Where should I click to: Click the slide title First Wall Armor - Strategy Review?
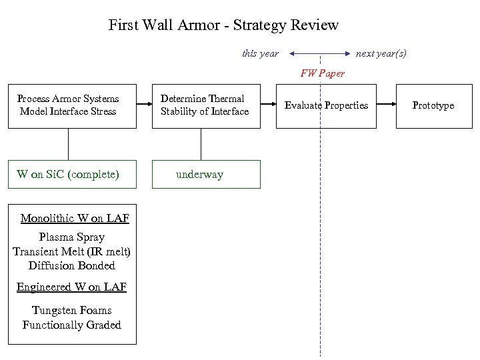pyautogui.click(x=223, y=25)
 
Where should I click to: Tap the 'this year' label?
pyautogui.click(x=260, y=53)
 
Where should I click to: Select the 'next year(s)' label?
pyautogui.click(x=381, y=53)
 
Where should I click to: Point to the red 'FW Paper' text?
pyautogui.click(x=323, y=73)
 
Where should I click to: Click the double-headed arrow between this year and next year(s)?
pyautogui.click(x=320, y=53)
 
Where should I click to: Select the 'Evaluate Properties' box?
pyautogui.click(x=327, y=105)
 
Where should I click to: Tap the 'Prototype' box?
pyautogui.click(x=433, y=105)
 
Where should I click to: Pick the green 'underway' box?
pyautogui.click(x=206, y=175)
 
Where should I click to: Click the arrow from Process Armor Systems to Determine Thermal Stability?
pyautogui.click(x=144, y=105)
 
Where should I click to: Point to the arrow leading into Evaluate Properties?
pyautogui.click(x=269, y=105)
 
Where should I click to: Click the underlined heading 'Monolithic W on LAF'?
pyautogui.click(x=75, y=219)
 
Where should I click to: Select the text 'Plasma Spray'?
pyautogui.click(x=72, y=237)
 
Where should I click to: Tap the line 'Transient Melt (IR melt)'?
pyautogui.click(x=72, y=251)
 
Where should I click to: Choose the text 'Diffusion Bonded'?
pyautogui.click(x=72, y=265)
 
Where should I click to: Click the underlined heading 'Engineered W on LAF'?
pyautogui.click(x=72, y=287)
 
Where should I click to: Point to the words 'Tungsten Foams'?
pyautogui.click(x=72, y=310)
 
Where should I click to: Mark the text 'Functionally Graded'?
pyautogui.click(x=72, y=325)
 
